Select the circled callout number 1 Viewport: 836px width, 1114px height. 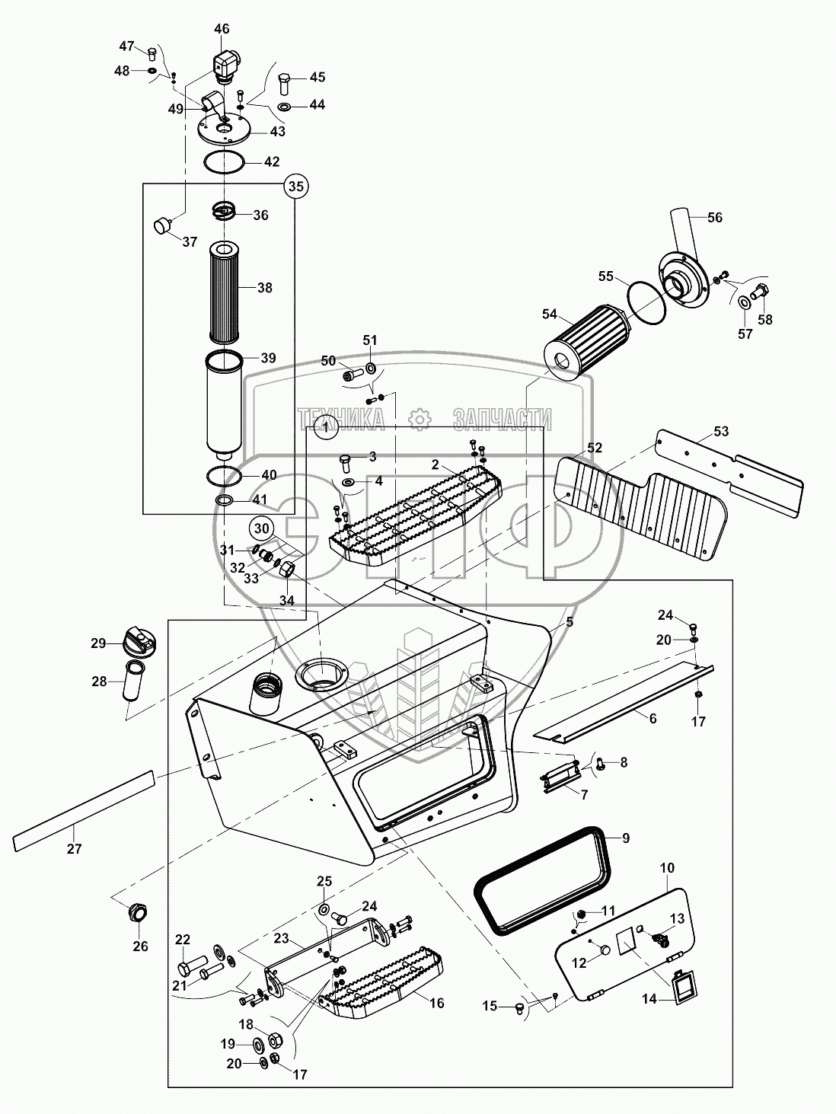click(x=326, y=429)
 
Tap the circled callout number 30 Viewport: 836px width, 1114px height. click(x=261, y=528)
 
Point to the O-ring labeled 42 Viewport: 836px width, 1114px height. click(x=224, y=162)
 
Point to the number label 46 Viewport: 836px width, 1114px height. click(x=222, y=30)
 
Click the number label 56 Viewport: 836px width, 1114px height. click(x=714, y=218)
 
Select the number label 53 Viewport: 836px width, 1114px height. click(x=720, y=432)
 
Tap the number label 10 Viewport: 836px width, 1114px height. click(x=667, y=868)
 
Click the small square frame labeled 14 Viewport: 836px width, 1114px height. click(x=683, y=988)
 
